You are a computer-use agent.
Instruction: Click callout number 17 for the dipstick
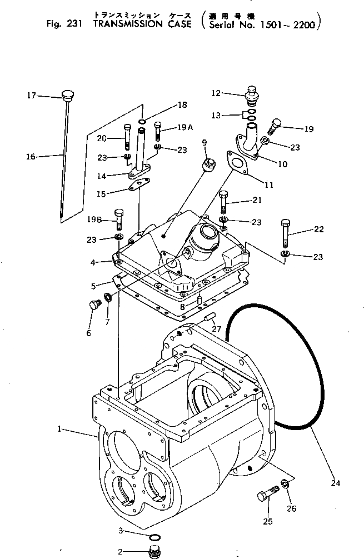click(32, 96)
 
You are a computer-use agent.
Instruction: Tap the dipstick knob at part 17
click(68, 94)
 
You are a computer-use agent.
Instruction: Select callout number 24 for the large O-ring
click(335, 483)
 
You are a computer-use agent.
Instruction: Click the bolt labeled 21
click(224, 203)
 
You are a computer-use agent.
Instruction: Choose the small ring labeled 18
click(143, 121)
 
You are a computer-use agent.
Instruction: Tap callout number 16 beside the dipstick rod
click(31, 157)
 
